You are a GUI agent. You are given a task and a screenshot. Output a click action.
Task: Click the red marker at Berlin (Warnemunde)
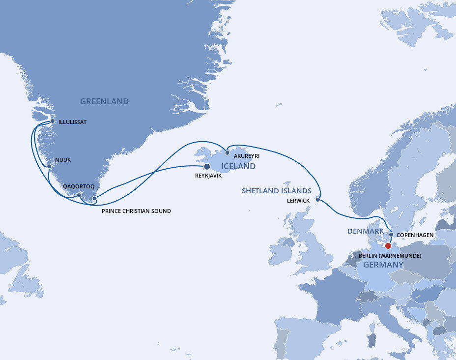click(x=388, y=246)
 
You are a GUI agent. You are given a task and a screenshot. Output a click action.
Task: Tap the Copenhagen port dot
click(x=391, y=235)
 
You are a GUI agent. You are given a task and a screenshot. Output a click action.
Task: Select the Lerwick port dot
click(x=318, y=200)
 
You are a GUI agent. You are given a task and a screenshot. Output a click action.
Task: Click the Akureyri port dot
click(x=228, y=152)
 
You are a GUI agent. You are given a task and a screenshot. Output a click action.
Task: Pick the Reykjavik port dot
click(x=207, y=167)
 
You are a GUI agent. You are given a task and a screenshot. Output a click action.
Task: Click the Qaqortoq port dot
click(x=79, y=195)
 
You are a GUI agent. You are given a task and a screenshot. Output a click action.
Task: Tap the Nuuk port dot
click(x=49, y=166)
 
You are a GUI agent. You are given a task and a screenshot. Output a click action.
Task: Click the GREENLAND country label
click(x=104, y=102)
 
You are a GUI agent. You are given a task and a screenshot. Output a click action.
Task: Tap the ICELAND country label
click(x=238, y=166)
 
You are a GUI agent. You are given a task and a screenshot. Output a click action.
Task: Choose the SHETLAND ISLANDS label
click(x=277, y=191)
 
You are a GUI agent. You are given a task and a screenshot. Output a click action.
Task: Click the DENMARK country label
click(x=366, y=231)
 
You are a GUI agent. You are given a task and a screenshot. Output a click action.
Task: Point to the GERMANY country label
click(x=383, y=265)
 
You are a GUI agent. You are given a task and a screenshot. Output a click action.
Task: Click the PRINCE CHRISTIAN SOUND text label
click(x=136, y=211)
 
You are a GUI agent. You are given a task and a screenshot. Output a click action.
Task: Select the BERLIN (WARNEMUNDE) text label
click(x=390, y=256)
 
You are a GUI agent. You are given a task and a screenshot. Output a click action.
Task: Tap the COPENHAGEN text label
click(x=415, y=235)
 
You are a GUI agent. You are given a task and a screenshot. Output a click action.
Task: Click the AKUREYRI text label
click(x=247, y=156)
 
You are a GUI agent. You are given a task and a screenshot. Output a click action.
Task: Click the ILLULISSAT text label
click(x=72, y=122)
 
